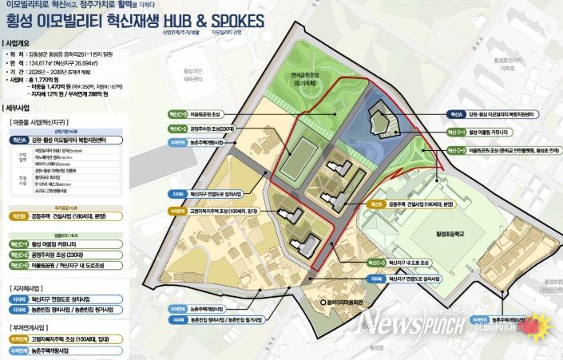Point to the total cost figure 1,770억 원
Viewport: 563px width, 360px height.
[x=61, y=81]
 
